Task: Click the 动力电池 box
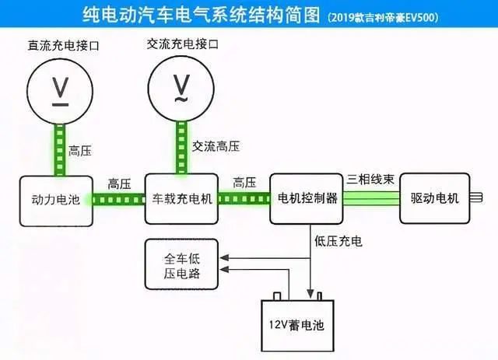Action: (x=54, y=199)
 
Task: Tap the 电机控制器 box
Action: (x=307, y=198)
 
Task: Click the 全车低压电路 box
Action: (x=182, y=264)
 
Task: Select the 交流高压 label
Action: (x=216, y=146)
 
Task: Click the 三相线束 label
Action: (x=371, y=180)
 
